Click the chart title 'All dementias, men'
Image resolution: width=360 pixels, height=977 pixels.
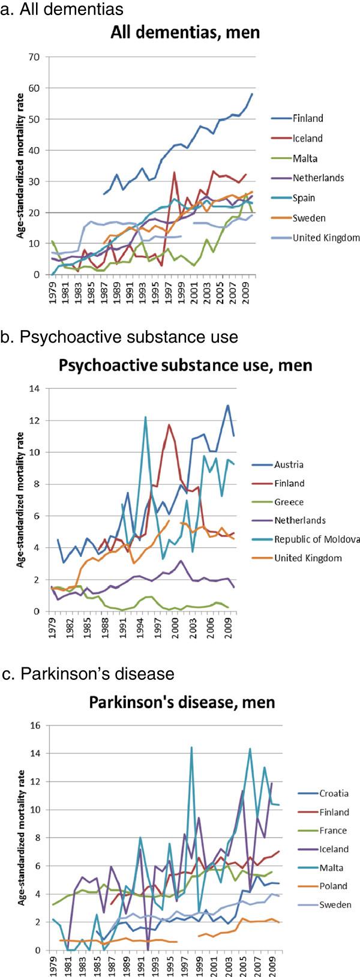185,32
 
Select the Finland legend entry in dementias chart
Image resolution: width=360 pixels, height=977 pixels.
307,118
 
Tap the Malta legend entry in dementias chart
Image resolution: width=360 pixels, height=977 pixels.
305,158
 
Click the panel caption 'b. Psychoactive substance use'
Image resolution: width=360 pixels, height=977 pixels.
119,337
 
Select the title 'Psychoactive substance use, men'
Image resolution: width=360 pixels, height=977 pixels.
185,365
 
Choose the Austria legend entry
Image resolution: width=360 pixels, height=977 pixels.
289,464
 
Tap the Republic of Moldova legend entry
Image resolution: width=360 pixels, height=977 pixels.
317,539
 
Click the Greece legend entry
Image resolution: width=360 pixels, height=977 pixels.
288,502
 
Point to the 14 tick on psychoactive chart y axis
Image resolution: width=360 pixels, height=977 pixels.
36,388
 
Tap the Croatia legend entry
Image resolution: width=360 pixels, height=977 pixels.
334,793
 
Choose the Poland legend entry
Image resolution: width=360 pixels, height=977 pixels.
334,886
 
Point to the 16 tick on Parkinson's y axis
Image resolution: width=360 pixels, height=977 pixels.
36,725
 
